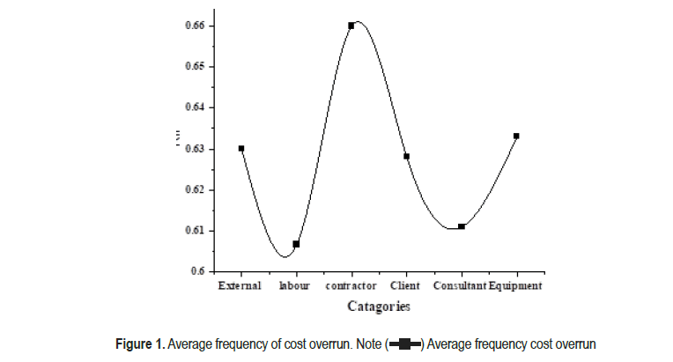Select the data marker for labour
[x=296, y=244]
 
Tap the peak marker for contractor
[x=351, y=26]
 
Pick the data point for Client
[x=406, y=157]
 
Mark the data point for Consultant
[x=462, y=226]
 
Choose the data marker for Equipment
[x=516, y=136]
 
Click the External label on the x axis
[x=240, y=286]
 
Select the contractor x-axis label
[x=351, y=286]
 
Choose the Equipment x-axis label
[x=515, y=286]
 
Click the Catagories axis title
[x=378, y=307]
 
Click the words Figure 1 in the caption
[x=142, y=343]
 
